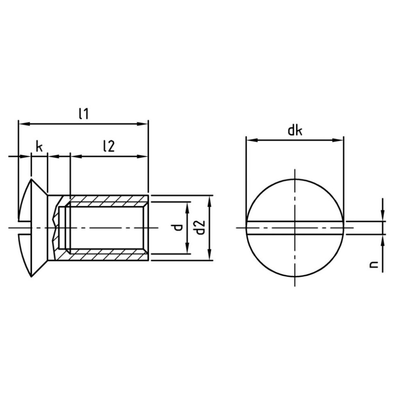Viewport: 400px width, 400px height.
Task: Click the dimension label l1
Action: point(84,114)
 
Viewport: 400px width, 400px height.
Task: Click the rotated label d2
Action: point(201,228)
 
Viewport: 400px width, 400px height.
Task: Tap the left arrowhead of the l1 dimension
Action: point(24,124)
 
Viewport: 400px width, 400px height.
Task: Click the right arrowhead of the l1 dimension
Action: point(143,124)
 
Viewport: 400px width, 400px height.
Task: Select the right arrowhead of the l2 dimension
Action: point(143,157)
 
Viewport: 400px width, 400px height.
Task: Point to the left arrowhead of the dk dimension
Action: point(251,140)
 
